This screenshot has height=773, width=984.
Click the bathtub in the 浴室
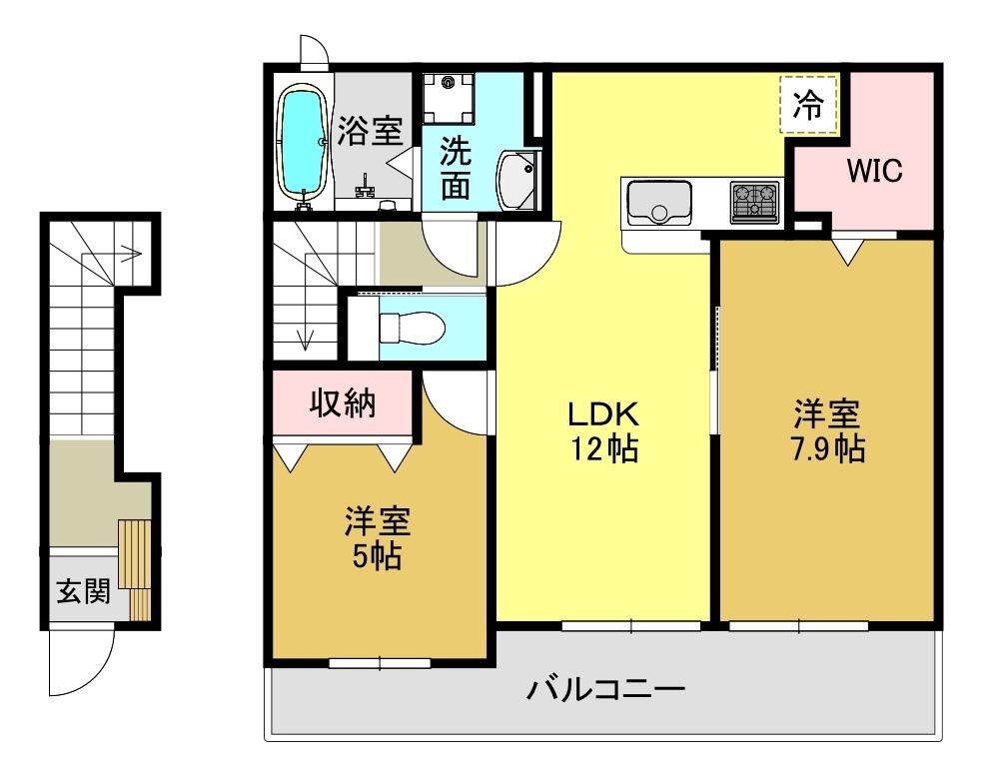coord(302,144)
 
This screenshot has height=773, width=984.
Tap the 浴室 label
coord(370,131)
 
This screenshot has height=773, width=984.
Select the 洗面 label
coord(456,168)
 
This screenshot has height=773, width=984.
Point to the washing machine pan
coord(448,99)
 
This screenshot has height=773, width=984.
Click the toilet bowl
coord(413,327)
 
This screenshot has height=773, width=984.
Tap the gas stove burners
coord(755,202)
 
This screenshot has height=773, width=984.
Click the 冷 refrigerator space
coord(809,105)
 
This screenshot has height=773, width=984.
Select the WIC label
coord(875,170)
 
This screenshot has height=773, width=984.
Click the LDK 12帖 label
coord(603,431)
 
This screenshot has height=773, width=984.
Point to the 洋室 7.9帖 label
coord(827,431)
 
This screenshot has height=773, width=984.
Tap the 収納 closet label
coord(343,402)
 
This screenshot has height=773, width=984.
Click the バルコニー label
coord(605,690)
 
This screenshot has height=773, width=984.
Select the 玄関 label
coord(84,590)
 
